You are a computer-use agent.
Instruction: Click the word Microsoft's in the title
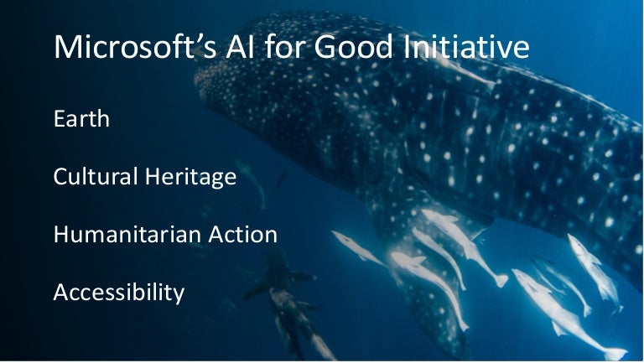pos(135,46)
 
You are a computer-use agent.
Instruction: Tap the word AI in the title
pos(240,46)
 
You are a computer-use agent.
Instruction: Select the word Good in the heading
pos(353,46)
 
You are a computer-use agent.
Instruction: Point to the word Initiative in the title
pos(465,46)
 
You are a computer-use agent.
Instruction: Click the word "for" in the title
pos(284,46)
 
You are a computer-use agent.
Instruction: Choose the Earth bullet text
pos(81,118)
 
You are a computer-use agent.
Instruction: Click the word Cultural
pos(96,176)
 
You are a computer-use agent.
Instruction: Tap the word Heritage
pos(190,177)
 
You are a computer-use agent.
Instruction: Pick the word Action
pos(242,234)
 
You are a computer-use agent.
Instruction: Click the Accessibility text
pos(119,293)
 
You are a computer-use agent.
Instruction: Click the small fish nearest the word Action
pos(356,247)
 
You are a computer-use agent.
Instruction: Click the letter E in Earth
pos(60,119)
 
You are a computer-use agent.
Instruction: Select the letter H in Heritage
pos(153,177)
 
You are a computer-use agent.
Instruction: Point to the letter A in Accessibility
pos(61,293)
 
